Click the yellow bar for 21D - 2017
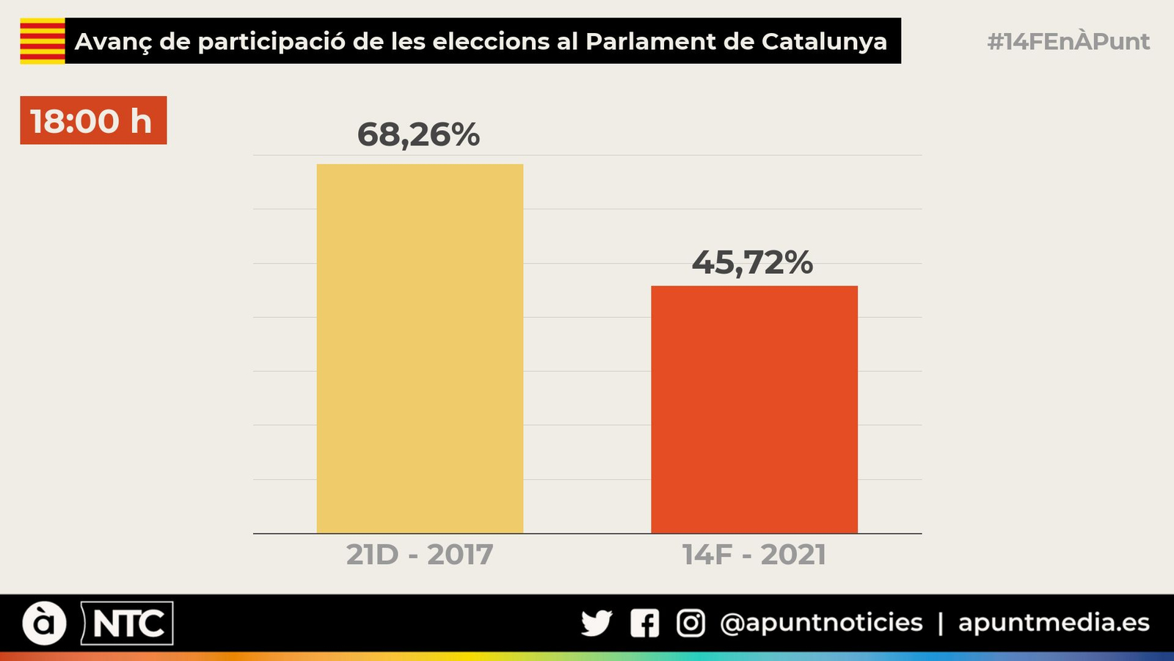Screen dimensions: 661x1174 [x=420, y=348]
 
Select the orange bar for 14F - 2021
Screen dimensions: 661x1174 [x=754, y=409]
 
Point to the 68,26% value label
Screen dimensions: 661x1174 [x=418, y=134]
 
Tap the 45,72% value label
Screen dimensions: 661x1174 [x=752, y=262]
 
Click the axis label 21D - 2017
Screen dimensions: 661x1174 [x=420, y=555]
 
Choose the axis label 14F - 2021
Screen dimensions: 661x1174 [x=754, y=555]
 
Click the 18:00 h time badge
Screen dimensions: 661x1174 [x=93, y=120]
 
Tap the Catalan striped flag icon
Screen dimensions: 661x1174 [x=43, y=41]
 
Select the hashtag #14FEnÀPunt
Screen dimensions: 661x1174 [x=1068, y=41]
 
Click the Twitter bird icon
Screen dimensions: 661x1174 [x=597, y=624]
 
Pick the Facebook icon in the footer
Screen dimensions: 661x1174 [x=644, y=624]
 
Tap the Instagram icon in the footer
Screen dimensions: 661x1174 [x=690, y=624]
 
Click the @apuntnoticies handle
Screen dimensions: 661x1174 [x=821, y=623]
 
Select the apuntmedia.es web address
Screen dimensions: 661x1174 [x=1054, y=623]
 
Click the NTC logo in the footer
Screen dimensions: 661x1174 [x=128, y=624]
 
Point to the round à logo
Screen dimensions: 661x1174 [x=44, y=624]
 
